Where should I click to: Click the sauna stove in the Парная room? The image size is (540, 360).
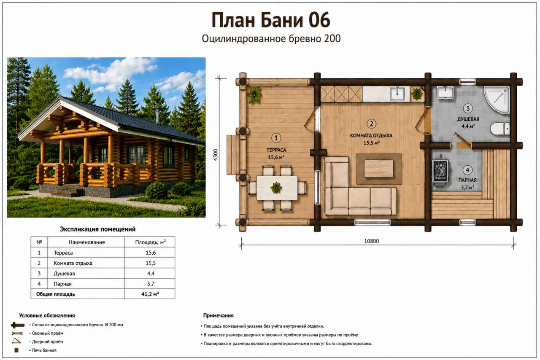(441, 171)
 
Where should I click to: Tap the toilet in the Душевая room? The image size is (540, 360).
(500, 129)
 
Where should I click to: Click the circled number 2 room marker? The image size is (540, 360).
(372, 124)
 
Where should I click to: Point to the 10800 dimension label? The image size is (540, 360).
(372, 241)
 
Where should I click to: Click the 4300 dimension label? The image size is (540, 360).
(216, 155)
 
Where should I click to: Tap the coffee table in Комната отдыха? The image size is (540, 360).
(379, 169)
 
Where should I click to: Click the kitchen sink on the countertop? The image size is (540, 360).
(397, 94)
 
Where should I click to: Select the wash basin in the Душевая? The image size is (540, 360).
(445, 93)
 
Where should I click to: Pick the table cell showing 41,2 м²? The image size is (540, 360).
(150, 294)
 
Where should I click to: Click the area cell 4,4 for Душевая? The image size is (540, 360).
(151, 274)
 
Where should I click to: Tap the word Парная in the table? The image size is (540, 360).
(62, 284)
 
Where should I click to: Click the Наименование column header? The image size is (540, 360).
(86, 242)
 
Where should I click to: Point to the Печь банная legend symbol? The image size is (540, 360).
(16, 350)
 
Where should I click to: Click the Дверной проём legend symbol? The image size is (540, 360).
(16, 341)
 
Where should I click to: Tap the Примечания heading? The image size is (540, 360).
(219, 315)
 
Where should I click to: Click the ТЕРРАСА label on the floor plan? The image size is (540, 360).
(276, 150)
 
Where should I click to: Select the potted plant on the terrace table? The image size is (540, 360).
(276, 188)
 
